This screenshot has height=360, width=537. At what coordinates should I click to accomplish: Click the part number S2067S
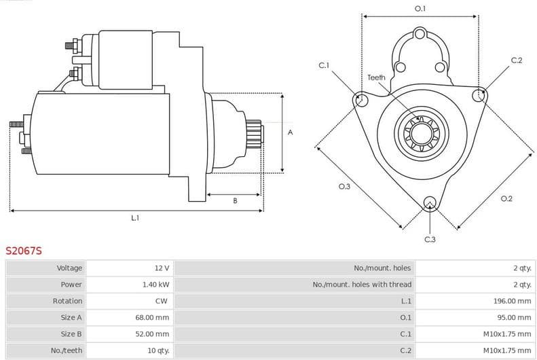click(x=24, y=251)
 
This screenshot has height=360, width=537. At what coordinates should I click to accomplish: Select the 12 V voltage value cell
click(x=162, y=268)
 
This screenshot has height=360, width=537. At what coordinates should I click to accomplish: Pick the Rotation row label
click(x=67, y=301)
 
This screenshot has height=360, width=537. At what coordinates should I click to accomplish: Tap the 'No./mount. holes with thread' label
click(x=362, y=285)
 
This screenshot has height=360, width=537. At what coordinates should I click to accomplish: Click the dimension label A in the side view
click(x=290, y=132)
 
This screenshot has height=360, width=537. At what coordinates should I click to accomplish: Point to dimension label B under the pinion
click(x=235, y=200)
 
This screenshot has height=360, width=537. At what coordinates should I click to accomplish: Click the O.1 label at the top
click(x=420, y=9)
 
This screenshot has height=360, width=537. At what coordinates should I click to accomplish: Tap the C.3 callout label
click(x=430, y=239)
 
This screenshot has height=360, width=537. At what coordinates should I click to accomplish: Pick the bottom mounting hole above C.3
click(x=430, y=203)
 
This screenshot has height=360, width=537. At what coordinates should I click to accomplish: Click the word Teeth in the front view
click(x=376, y=77)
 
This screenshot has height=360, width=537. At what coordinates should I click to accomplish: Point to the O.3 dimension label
click(x=344, y=187)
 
